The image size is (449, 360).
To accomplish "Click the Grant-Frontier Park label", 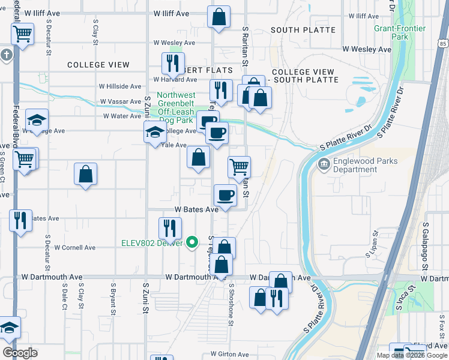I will coord(391,32).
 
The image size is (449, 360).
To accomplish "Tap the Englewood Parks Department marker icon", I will coord(324,163).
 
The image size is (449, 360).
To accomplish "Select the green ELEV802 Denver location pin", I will coord(192,242).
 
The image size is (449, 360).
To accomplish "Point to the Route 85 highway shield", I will coord(442,43).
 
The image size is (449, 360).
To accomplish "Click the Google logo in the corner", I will coord(20,353).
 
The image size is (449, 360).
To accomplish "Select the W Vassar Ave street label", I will coord(121,102).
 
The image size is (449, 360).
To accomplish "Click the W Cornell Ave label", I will coord(74,247).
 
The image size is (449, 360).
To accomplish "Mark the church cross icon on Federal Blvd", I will coord(6,56).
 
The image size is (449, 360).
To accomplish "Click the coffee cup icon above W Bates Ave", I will coord(225,195).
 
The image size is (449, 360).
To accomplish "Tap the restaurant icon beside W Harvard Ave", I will coord(172,63).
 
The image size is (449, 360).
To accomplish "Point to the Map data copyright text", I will coord(411,355).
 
